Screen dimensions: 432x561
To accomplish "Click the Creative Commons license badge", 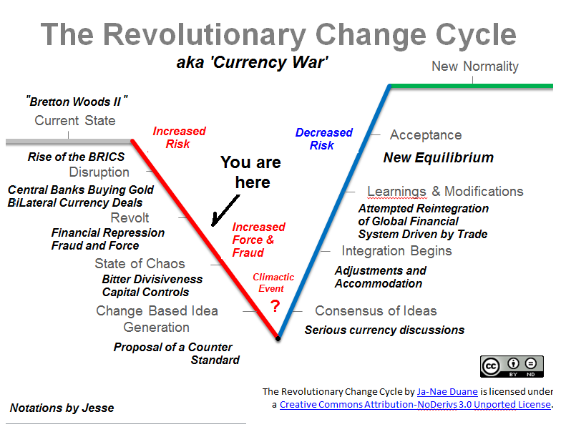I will (x=512, y=365).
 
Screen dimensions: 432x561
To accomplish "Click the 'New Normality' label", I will (x=475, y=67).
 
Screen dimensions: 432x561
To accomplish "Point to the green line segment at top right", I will (x=472, y=86).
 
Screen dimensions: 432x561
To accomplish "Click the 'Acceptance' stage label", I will (x=426, y=135).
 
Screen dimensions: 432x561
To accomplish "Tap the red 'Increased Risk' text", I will (x=179, y=137).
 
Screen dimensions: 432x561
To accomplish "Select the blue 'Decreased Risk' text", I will (x=323, y=139).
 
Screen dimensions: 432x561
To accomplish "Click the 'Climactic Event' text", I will (x=273, y=283).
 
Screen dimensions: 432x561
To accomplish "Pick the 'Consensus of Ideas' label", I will (x=376, y=311).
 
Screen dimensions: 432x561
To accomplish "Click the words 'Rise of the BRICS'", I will (x=76, y=157).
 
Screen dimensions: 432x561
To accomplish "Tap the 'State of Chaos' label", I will (x=140, y=264).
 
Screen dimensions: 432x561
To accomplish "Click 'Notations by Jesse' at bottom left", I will (x=62, y=408).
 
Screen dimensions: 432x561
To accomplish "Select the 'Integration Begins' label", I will (x=396, y=251).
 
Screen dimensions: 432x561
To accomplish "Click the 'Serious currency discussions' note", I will (x=384, y=330).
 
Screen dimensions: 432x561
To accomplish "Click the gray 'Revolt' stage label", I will (x=130, y=218).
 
